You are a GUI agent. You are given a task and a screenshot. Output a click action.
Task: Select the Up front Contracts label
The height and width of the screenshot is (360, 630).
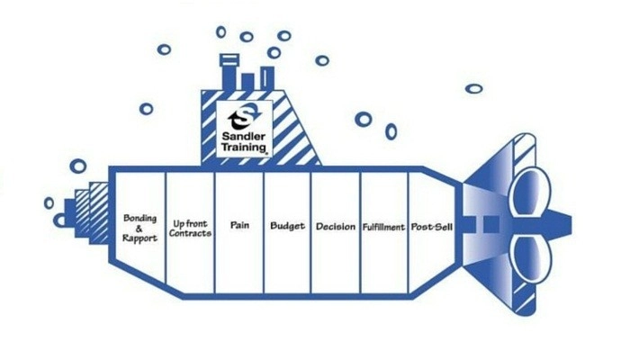point(191,227)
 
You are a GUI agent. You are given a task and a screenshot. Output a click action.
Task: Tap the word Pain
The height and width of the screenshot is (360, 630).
point(239,225)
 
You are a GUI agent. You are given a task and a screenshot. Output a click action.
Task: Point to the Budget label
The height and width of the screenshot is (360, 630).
point(287,225)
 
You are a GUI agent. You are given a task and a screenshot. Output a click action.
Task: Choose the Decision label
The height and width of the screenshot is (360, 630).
point(336,226)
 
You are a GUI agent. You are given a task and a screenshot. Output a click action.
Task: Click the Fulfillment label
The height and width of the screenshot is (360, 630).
point(384,226)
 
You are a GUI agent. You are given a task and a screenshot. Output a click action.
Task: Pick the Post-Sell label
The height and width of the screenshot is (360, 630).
point(432,225)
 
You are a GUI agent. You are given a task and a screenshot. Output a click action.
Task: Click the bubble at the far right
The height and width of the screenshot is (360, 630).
point(473,88)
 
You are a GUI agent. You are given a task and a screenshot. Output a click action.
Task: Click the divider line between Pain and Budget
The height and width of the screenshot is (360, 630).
point(263,231)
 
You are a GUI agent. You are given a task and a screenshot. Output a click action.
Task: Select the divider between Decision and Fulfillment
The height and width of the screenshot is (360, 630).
point(360,231)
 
